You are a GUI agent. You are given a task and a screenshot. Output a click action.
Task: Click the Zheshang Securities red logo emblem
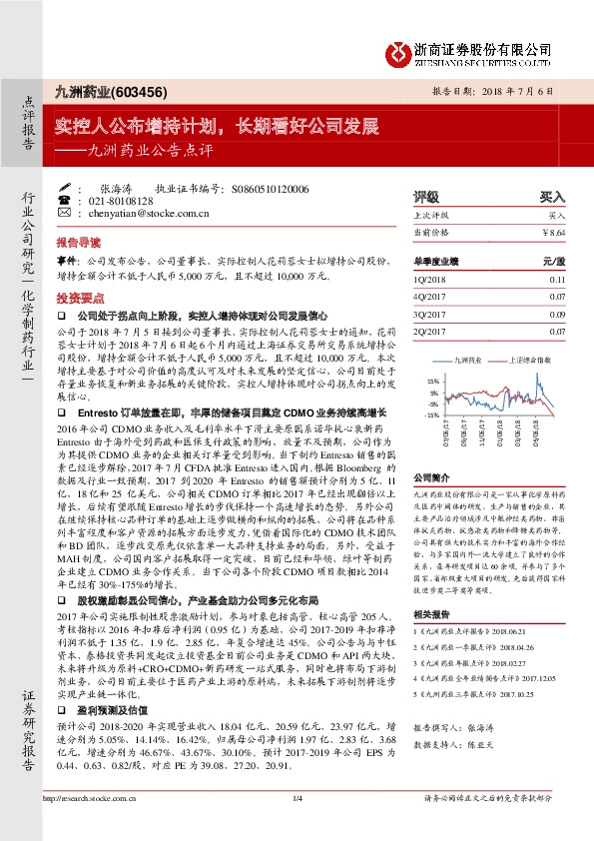click(x=400, y=50)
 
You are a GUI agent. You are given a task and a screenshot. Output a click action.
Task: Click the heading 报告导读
click(x=78, y=243)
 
